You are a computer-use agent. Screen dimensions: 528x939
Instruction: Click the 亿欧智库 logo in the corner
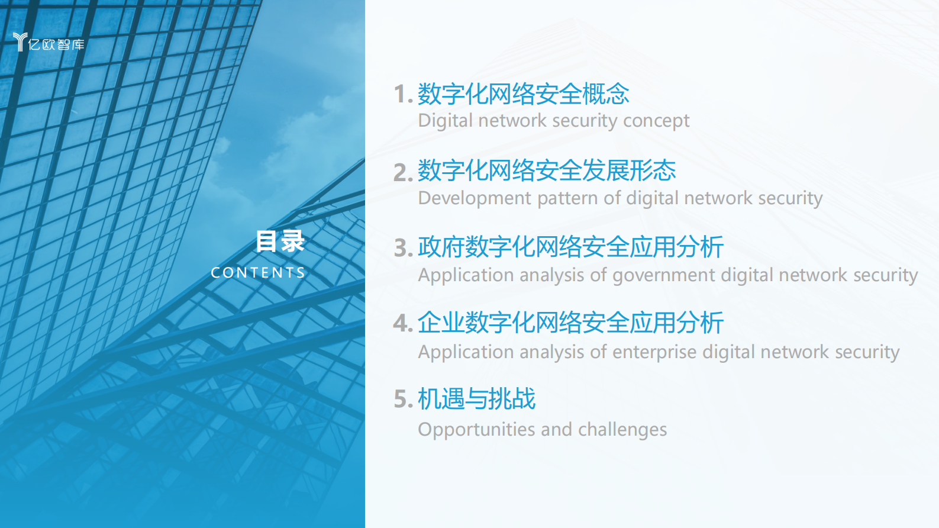click(x=49, y=43)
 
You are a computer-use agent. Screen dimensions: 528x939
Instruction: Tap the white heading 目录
click(x=280, y=242)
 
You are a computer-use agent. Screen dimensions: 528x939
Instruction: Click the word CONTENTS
click(x=258, y=273)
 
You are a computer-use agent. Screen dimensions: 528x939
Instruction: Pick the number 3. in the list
click(x=403, y=248)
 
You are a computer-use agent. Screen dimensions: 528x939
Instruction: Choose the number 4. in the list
click(x=403, y=324)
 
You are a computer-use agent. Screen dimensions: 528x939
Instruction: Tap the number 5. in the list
click(x=403, y=400)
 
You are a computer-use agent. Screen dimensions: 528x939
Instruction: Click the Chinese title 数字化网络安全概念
click(x=523, y=94)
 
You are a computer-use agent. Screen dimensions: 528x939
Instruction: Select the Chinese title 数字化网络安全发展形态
click(x=547, y=170)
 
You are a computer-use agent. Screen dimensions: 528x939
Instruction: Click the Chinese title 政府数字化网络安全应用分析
click(x=570, y=247)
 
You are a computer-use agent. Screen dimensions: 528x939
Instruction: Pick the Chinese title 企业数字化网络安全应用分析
click(x=570, y=323)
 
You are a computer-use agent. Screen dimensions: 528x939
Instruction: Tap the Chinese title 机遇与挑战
click(x=476, y=399)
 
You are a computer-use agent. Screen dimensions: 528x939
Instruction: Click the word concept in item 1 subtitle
click(x=656, y=121)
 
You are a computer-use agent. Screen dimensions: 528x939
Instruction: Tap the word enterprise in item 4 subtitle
click(x=654, y=352)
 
